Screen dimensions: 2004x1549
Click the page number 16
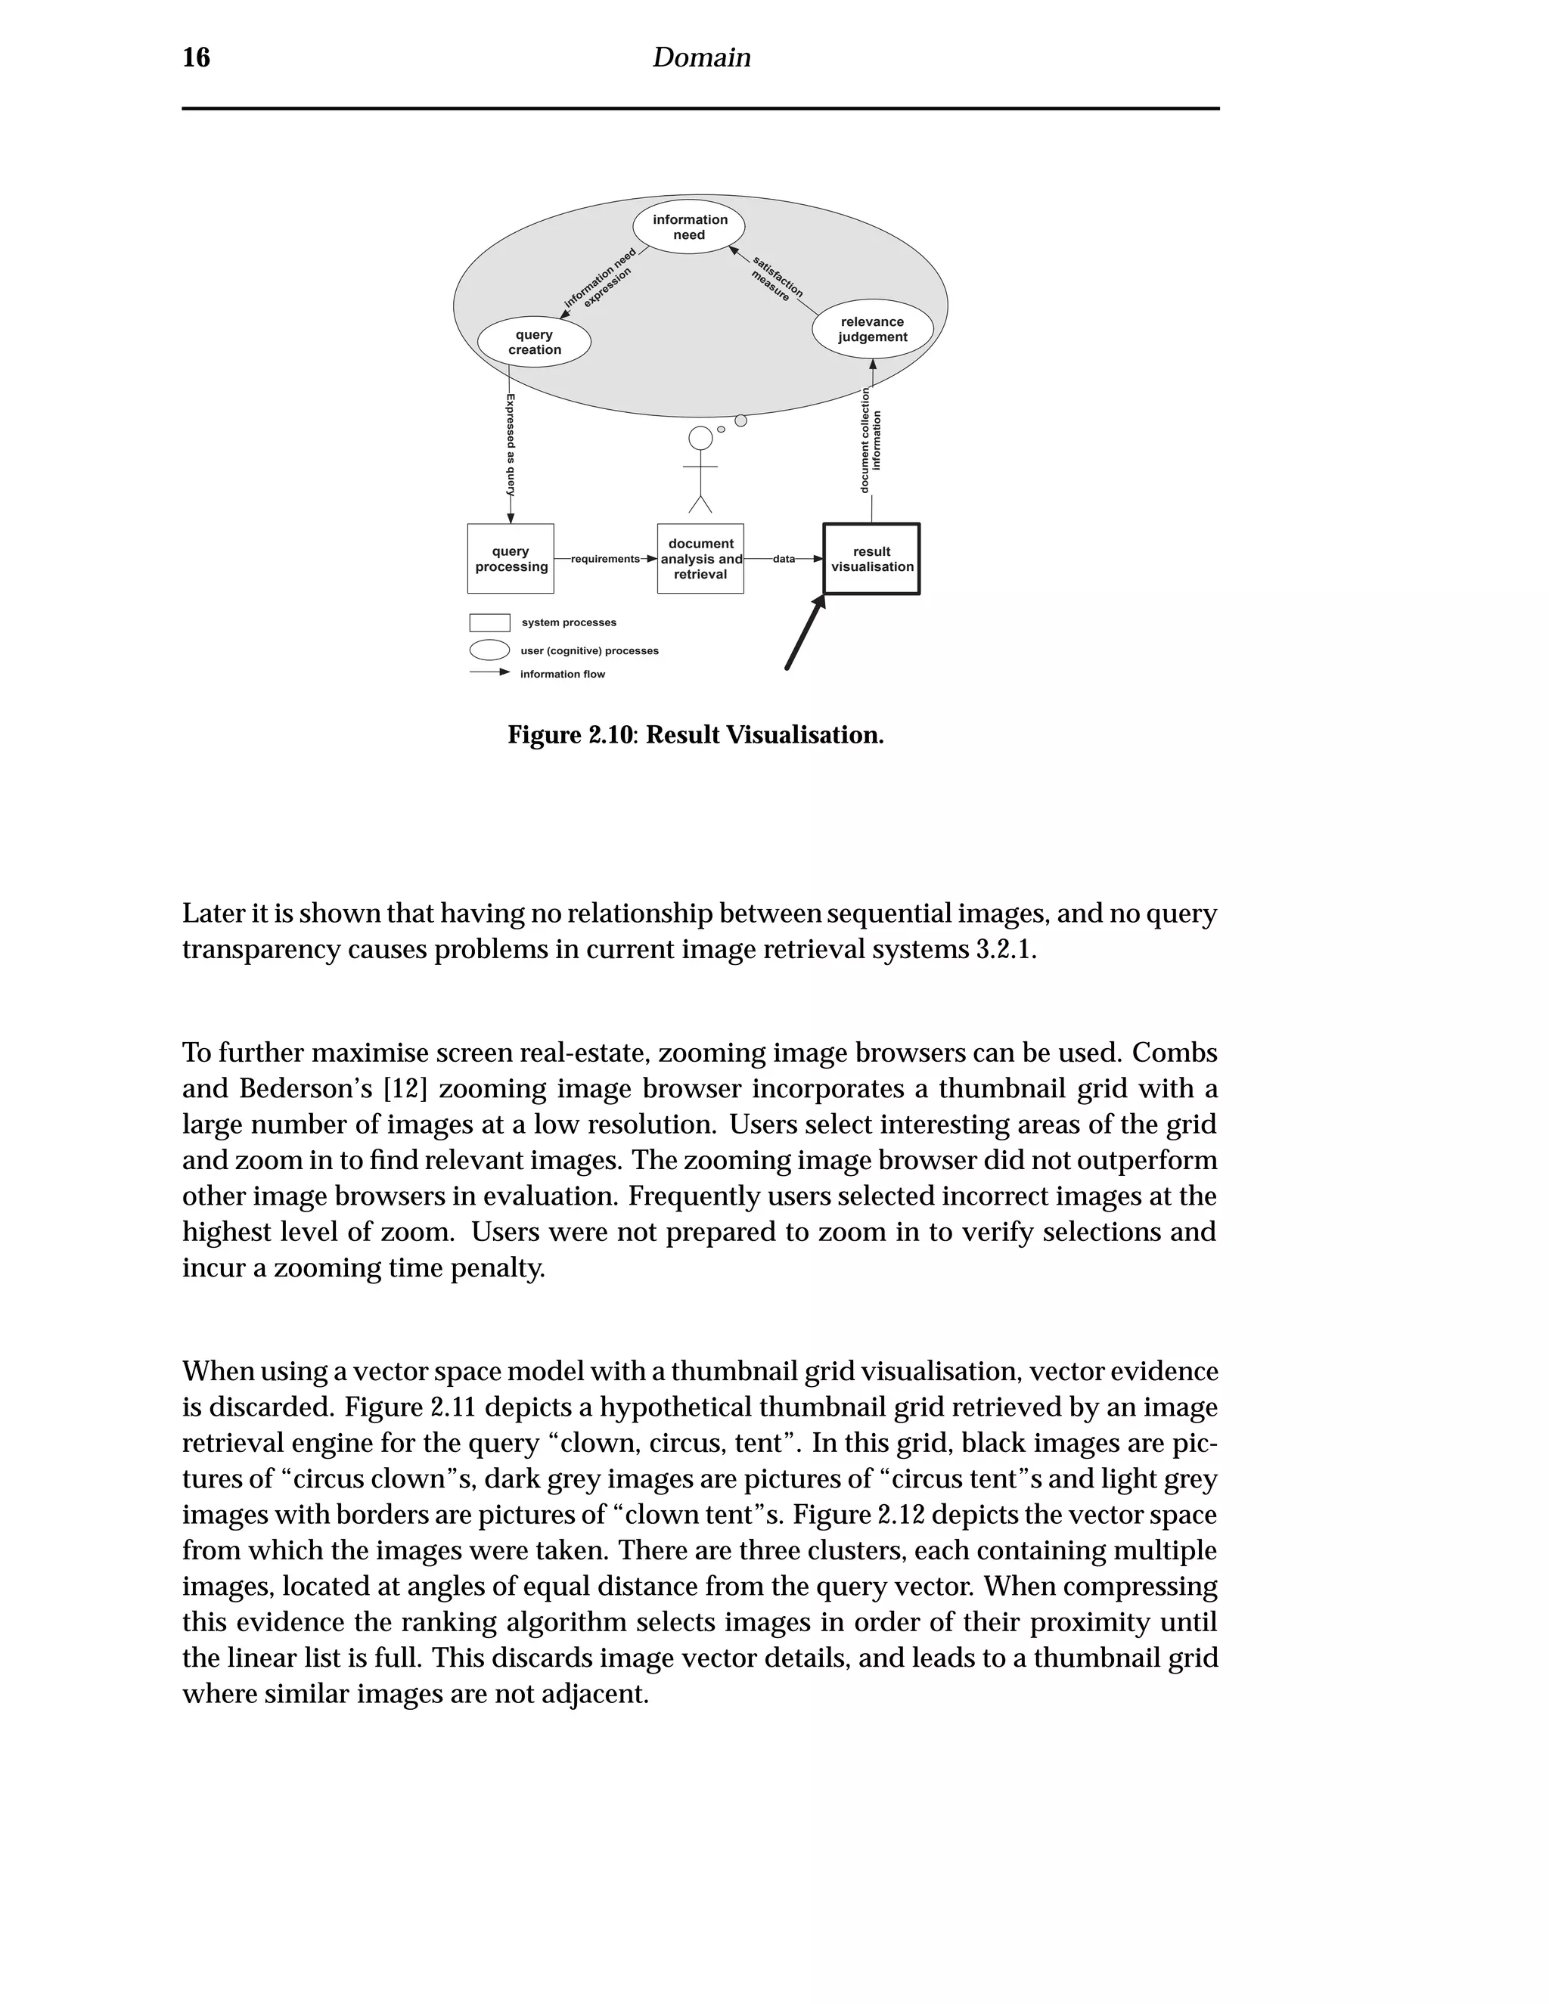(197, 57)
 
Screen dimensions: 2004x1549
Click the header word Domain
(701, 57)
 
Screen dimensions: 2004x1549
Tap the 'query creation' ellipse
(534, 343)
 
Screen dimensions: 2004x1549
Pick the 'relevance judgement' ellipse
(872, 330)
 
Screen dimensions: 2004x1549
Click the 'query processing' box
(511, 559)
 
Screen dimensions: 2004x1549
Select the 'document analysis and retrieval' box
(700, 559)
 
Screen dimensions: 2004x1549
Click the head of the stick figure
(700, 439)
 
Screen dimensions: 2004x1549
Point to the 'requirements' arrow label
(605, 559)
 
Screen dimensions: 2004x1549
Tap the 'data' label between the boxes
(784, 559)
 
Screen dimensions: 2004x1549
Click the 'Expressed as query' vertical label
(511, 445)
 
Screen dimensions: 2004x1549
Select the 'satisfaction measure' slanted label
(776, 278)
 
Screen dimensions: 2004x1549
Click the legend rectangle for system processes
(489, 623)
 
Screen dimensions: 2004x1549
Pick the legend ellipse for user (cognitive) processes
(489, 650)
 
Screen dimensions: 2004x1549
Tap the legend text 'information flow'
(563, 675)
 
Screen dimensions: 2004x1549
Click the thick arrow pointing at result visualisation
(805, 633)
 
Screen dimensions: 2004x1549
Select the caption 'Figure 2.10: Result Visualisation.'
(696, 736)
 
